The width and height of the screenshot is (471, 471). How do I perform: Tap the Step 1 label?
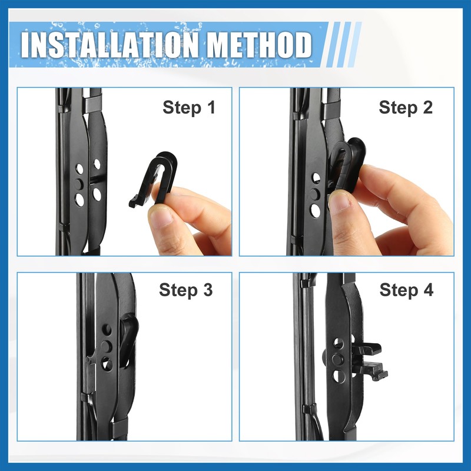189,108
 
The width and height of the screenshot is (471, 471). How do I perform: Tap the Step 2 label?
406,108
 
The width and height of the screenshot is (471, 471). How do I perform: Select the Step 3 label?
185,290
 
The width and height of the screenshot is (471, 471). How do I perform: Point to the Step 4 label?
406,290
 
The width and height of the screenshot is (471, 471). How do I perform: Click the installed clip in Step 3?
128,339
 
